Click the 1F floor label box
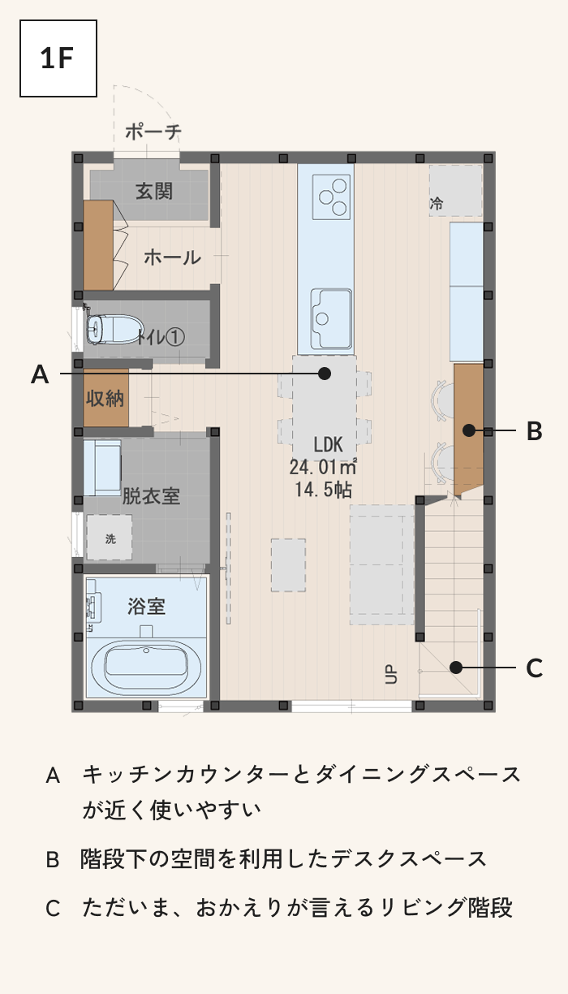tap(58, 58)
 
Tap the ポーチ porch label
tap(153, 132)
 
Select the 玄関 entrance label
tap(154, 192)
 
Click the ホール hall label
tap(173, 257)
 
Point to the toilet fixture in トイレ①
tap(114, 329)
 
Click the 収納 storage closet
tap(106, 398)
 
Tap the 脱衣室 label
tap(151, 496)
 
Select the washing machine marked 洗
tap(109, 537)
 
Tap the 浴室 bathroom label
tap(146, 606)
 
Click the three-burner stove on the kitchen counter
tap(331, 197)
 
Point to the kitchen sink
tap(331, 318)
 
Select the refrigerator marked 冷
tap(455, 191)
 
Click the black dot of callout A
tap(325, 374)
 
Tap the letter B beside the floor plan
tap(534, 431)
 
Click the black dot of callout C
tap(456, 667)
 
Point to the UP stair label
tap(390, 674)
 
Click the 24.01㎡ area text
tap(323, 467)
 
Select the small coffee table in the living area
tap(288, 565)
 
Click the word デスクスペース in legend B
tap(409, 858)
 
